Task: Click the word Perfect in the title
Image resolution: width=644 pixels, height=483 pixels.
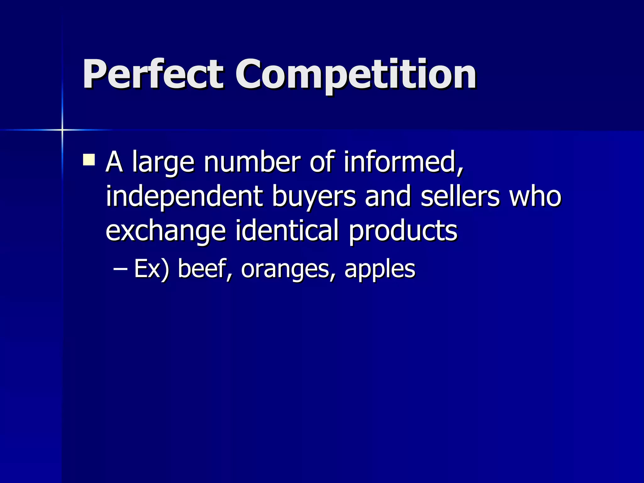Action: point(153,75)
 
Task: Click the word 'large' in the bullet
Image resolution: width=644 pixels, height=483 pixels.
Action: point(163,163)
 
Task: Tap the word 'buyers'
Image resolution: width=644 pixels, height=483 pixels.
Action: point(314,197)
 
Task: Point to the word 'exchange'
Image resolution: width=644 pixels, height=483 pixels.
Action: point(166,231)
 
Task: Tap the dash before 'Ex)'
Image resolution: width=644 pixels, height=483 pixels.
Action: point(120,269)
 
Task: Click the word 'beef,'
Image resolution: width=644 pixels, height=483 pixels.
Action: point(205,269)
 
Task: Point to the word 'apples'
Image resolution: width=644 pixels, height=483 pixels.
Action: point(380,270)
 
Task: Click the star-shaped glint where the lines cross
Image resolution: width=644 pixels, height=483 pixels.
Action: point(62,130)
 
